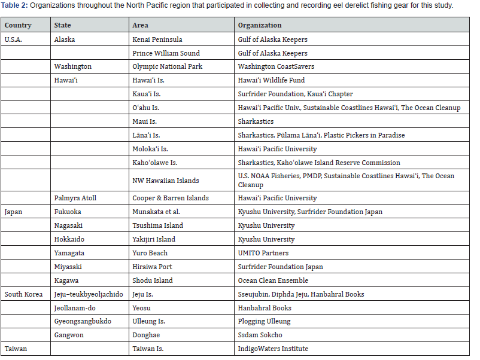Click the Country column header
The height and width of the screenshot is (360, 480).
pyautogui.click(x=18, y=26)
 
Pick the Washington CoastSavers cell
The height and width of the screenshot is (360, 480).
pyautogui.click(x=276, y=66)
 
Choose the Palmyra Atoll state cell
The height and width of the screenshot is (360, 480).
pyautogui.click(x=75, y=198)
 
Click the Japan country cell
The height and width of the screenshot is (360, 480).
pyautogui.click(x=13, y=212)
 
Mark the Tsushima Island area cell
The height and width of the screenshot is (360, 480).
pyautogui.click(x=157, y=225)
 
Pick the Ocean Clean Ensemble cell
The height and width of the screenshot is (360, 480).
pyautogui.click(x=273, y=280)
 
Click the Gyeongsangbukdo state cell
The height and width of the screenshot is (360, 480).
pyautogui.click(x=83, y=321)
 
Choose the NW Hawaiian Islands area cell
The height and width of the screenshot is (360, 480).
pyautogui.click(x=166, y=180)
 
